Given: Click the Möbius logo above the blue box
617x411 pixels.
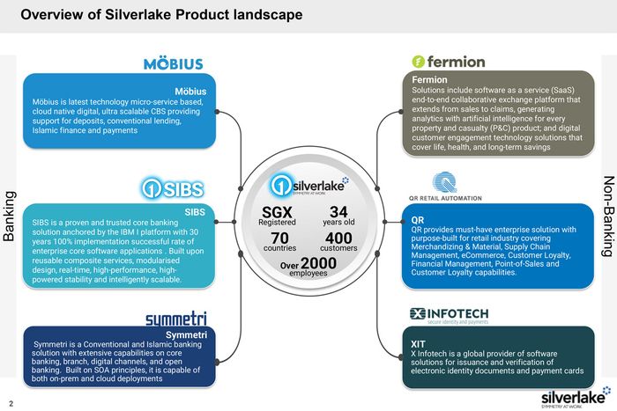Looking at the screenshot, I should click(174, 64).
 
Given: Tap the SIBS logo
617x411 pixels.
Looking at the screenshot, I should click(172, 189).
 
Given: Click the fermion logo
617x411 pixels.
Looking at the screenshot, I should click(449, 62).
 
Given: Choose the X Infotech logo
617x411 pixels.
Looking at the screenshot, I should click(449, 315).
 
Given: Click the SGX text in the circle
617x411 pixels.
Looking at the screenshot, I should click(277, 211).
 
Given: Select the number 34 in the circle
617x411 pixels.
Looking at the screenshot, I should click(338, 211).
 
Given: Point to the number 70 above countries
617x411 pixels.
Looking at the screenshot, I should click(279, 238).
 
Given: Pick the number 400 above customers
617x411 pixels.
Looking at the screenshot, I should click(338, 238).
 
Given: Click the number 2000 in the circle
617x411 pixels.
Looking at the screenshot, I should click(318, 263).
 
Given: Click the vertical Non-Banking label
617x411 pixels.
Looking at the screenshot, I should click(607, 216).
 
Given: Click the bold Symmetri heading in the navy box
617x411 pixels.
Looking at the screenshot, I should click(186, 334).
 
